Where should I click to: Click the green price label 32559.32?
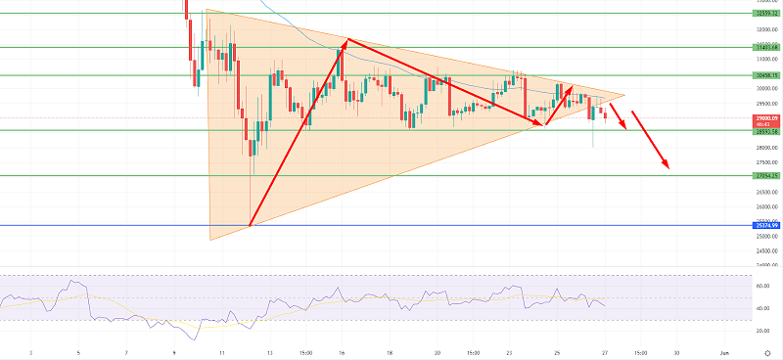764,15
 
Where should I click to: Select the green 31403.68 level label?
764,46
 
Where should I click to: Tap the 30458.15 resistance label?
764,74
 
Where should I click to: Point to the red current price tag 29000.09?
764,118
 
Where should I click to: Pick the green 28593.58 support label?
764,131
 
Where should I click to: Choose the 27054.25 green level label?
764,176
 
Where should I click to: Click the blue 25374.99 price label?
764,225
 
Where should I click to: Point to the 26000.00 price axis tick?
764,206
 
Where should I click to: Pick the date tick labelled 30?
676,350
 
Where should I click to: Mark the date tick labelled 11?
223,350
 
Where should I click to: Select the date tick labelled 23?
510,350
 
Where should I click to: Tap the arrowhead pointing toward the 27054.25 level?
668,168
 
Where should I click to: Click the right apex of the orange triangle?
623,96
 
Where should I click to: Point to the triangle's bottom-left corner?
210,240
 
